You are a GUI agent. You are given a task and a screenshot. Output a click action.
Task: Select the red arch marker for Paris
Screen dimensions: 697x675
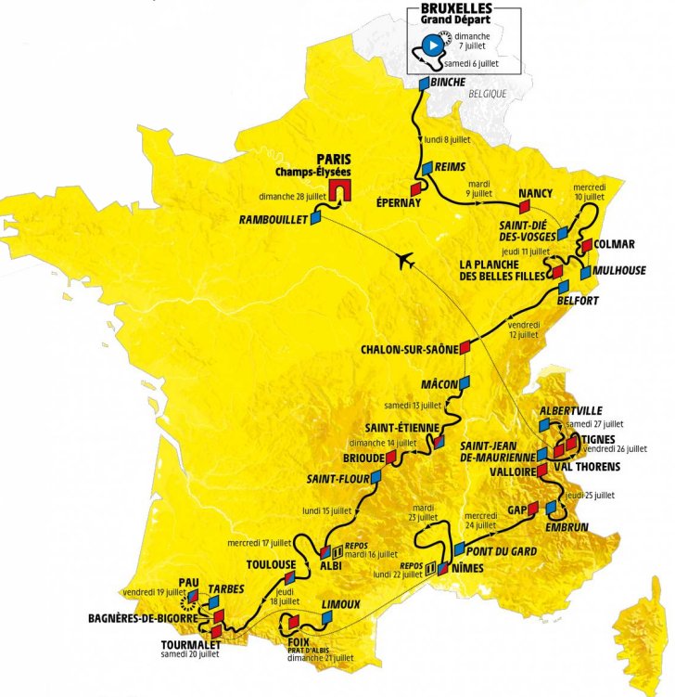(340, 190)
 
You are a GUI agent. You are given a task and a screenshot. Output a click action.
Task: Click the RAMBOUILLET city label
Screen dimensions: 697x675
(273, 220)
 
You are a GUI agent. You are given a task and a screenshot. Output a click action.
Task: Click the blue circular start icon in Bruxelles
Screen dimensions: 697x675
(431, 43)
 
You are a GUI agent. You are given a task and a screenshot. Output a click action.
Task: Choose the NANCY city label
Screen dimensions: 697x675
(536, 193)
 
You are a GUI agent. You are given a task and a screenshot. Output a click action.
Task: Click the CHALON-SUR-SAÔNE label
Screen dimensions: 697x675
(409, 351)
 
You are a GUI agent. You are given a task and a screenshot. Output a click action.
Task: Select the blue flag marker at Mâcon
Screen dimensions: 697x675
(466, 381)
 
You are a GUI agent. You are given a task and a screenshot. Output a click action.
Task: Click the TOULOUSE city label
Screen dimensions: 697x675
(271, 563)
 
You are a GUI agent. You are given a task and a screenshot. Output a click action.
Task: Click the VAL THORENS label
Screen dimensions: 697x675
(589, 467)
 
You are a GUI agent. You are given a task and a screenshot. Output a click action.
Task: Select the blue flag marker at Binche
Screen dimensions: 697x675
(424, 84)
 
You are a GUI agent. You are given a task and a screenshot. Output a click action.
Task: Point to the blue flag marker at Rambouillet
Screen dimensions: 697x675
(317, 218)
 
